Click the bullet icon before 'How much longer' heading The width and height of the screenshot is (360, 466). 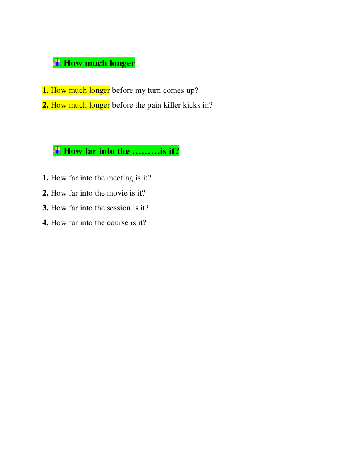(57, 62)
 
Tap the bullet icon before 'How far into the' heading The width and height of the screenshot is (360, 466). (57, 150)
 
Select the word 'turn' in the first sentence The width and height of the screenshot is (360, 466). (154, 90)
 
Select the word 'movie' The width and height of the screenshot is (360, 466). (117, 193)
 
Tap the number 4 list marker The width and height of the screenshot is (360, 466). (46, 222)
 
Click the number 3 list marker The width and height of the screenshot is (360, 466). (46, 208)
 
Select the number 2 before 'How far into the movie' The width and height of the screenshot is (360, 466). (46, 193)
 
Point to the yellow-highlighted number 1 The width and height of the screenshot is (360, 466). (46, 90)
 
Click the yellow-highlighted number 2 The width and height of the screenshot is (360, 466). (46, 105)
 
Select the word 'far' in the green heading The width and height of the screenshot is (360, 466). (91, 151)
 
